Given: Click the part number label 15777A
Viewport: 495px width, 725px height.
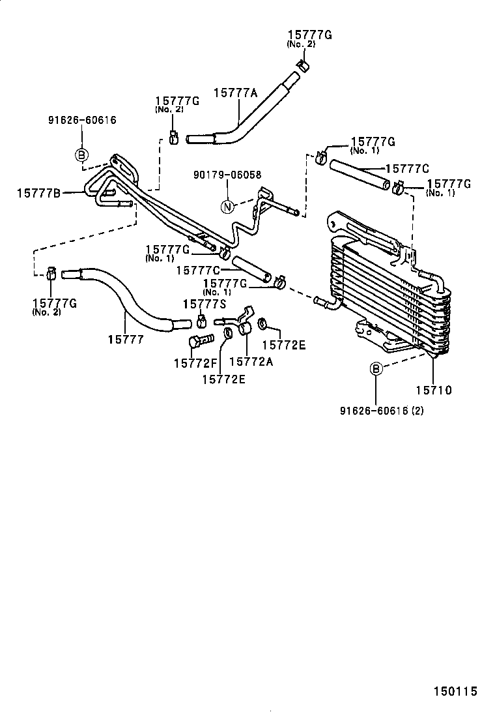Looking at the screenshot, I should pos(236,93).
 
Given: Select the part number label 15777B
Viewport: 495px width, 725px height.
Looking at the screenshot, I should pos(38,192).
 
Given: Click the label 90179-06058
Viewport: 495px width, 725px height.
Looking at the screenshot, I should pos(227,175).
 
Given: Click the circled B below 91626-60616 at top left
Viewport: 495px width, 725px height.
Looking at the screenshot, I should pos(81,155).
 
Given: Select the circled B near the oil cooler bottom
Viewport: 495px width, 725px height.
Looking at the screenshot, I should pos(376,369).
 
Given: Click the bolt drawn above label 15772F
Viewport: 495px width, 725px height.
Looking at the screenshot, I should pos(200,340).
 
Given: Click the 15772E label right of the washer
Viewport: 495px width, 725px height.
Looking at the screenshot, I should pos(284,345).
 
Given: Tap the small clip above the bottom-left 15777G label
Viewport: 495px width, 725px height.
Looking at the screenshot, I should pos(51,274).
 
